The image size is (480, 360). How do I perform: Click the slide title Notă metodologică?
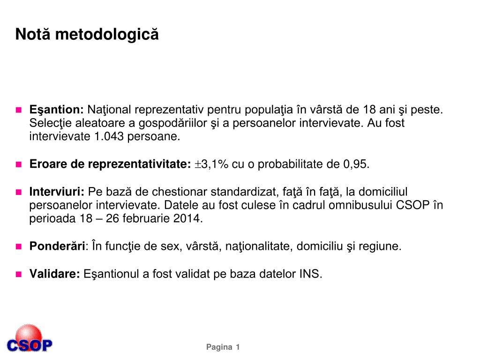87,35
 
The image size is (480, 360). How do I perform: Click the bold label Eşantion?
57,110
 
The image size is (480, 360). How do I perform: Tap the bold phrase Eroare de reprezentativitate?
110,165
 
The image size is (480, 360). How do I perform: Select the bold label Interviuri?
57,192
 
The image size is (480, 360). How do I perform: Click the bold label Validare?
55,274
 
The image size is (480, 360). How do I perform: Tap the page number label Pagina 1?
223,347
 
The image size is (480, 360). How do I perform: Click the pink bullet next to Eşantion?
19,110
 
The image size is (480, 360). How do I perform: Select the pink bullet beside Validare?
19,274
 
